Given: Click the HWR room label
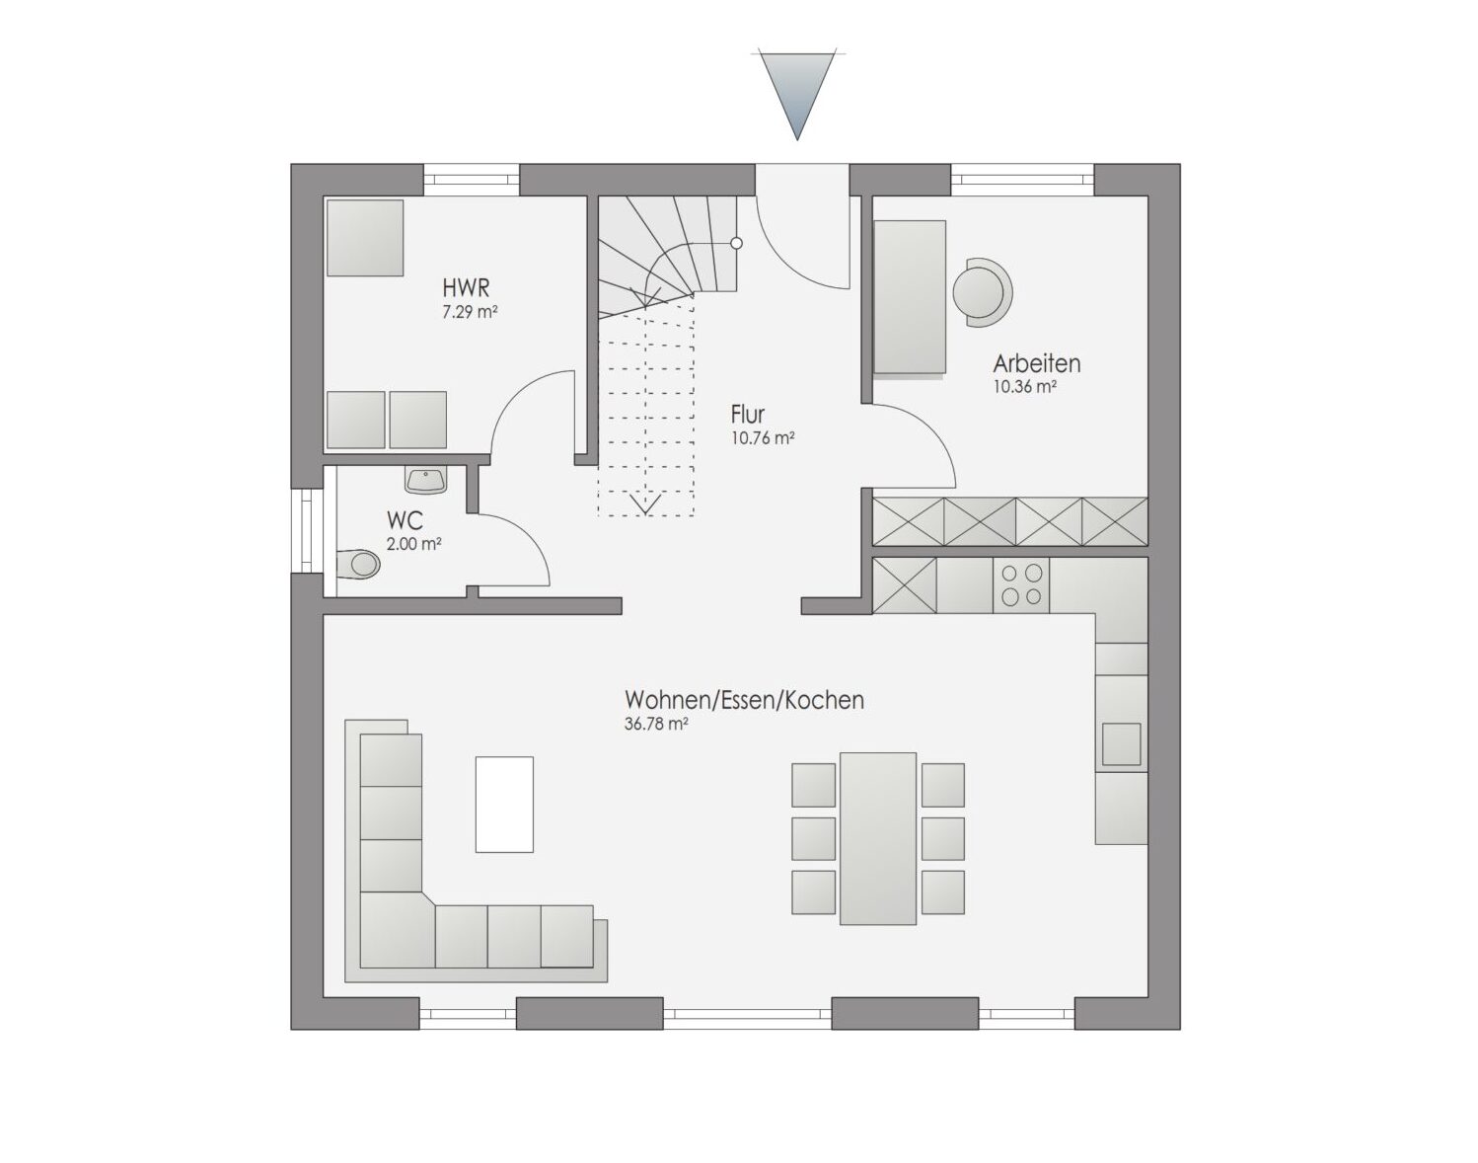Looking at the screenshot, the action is click(466, 286).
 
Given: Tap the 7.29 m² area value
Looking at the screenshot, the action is click(470, 312).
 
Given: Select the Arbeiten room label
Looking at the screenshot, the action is click(1036, 363).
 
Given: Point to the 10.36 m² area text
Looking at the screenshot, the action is click(1025, 386).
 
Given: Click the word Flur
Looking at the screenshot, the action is click(747, 415).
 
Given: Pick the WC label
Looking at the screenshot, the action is click(405, 519).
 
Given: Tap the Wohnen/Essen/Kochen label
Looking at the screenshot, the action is click(745, 700).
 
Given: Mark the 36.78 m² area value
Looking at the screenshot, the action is click(656, 724).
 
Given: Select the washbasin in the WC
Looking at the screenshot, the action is click(426, 481).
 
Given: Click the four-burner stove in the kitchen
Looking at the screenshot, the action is click(1020, 584).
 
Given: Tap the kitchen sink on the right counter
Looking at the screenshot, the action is click(1121, 743).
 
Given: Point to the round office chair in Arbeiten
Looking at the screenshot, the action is click(982, 292).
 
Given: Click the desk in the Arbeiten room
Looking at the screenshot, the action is click(910, 297).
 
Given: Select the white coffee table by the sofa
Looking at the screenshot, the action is click(504, 805).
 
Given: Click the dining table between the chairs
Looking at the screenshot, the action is click(878, 838).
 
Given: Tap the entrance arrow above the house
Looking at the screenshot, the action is click(796, 96).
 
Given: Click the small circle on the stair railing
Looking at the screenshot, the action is click(736, 243).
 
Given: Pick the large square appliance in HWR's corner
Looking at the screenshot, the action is click(365, 238).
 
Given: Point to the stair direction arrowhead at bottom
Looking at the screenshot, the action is click(645, 504).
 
